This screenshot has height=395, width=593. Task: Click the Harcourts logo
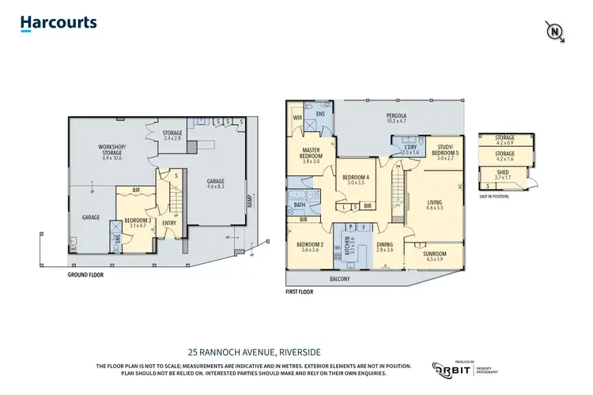click(59, 22)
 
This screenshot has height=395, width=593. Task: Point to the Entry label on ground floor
click(169, 223)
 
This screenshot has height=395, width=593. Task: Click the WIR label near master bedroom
click(297, 119)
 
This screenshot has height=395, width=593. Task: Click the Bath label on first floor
click(300, 205)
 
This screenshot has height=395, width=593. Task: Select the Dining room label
click(384, 247)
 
